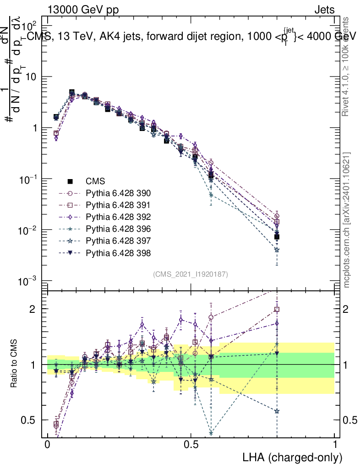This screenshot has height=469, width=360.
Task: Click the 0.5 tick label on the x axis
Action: [191, 445]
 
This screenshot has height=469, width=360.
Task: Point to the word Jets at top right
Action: [324, 10]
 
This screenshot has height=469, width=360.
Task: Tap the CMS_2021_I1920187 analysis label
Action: [191, 274]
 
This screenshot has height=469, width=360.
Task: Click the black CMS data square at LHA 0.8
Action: [277, 237]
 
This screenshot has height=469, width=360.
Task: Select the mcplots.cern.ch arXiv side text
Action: [347, 220]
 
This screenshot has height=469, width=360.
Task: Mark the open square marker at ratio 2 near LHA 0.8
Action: [277, 310]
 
